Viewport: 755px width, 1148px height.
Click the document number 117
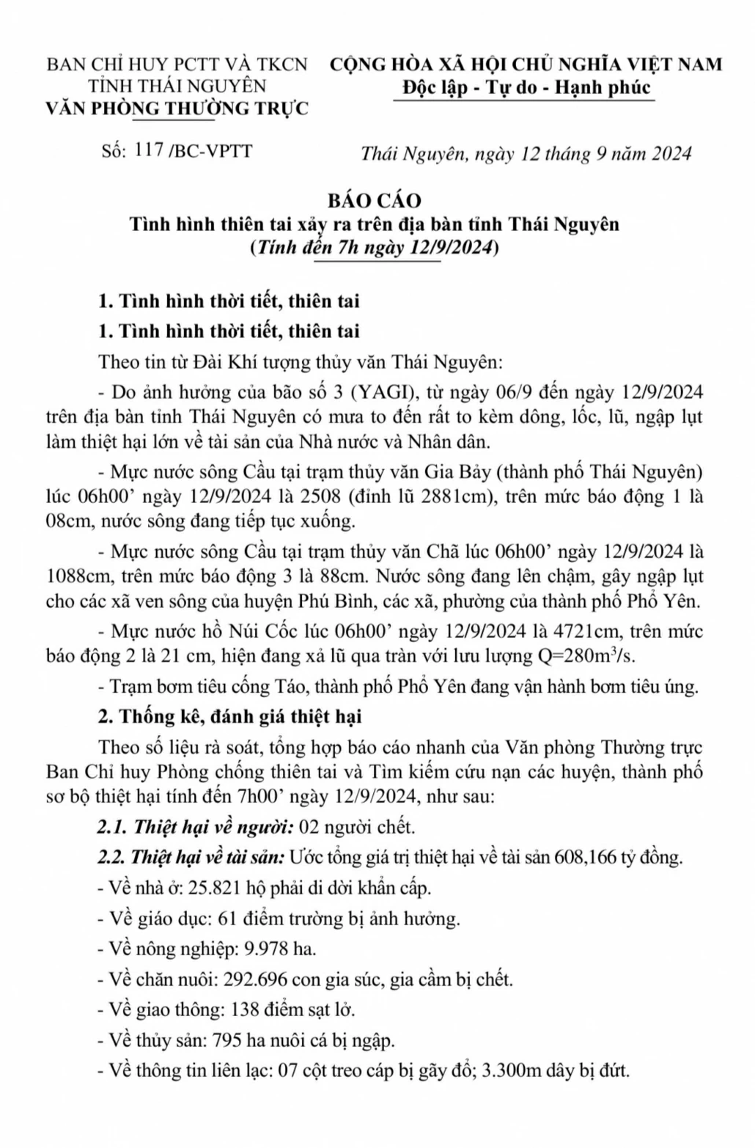150,151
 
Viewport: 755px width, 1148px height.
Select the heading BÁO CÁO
374,200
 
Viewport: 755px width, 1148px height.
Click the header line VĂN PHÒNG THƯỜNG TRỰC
177,108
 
